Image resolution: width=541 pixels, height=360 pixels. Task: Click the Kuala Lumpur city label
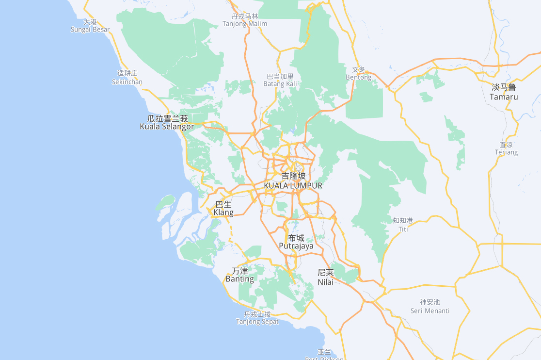tap(293, 185)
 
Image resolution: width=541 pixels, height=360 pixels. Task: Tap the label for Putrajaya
tap(296, 246)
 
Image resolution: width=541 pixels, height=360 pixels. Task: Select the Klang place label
tap(223, 213)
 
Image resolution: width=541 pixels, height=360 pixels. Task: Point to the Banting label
tap(239, 279)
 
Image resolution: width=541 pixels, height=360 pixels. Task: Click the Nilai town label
tap(325, 282)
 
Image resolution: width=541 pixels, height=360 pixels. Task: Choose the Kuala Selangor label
tap(167, 127)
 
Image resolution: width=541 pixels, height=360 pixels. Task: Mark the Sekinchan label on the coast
tap(127, 82)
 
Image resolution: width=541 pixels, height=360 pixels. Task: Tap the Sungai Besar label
tap(90, 30)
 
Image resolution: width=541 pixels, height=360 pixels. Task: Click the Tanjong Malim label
tap(245, 24)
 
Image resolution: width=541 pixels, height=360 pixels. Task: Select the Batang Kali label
tap(280, 84)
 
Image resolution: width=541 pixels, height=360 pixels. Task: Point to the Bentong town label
tap(359, 77)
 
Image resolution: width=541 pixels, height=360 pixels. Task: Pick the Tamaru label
tap(504, 97)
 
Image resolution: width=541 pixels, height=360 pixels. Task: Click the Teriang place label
tap(506, 152)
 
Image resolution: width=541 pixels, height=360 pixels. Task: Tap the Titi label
tap(403, 229)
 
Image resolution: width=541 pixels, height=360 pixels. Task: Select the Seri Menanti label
tap(430, 311)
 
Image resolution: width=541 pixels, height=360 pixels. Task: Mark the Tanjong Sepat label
tap(257, 322)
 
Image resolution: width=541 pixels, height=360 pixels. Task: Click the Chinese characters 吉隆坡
tap(294, 176)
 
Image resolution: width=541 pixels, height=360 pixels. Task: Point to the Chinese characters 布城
tap(296, 238)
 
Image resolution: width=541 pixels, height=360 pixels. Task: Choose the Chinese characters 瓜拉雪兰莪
tap(167, 118)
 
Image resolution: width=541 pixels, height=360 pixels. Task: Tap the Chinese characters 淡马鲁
tap(504, 87)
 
